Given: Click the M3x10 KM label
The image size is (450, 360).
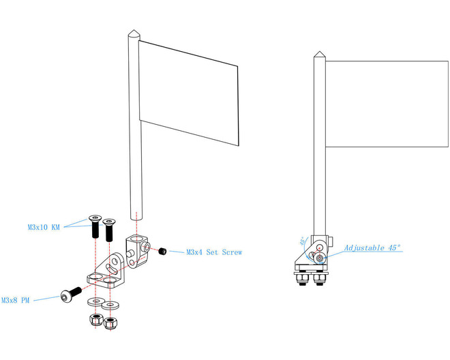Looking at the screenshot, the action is click(x=44, y=227).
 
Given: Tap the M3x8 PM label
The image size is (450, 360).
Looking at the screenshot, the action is click(x=15, y=300).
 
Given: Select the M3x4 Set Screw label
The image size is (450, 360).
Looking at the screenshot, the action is click(x=214, y=252).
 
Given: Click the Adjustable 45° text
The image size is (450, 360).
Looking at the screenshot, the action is click(x=372, y=247).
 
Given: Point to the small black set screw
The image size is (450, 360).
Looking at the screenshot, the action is click(x=162, y=251).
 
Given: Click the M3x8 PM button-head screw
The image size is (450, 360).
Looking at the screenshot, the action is click(x=71, y=295).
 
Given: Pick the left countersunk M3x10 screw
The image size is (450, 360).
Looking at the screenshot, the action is click(x=95, y=226).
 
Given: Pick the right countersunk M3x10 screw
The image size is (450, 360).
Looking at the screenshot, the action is click(x=109, y=230).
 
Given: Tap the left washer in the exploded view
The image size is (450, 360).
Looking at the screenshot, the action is click(x=96, y=301).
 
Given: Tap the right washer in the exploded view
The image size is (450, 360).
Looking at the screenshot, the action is click(x=110, y=305).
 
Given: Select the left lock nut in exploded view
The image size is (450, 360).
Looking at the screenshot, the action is click(x=96, y=320).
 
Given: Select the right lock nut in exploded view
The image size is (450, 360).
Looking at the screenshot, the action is click(x=110, y=323).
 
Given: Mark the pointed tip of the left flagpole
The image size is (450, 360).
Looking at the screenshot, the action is click(x=134, y=29).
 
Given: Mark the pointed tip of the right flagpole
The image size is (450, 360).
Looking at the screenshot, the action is click(x=319, y=52).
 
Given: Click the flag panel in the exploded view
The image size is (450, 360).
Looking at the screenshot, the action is click(x=189, y=93).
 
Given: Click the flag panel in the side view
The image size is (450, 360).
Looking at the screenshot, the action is click(x=387, y=104).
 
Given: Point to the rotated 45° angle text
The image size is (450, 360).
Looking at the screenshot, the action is click(x=302, y=241).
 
